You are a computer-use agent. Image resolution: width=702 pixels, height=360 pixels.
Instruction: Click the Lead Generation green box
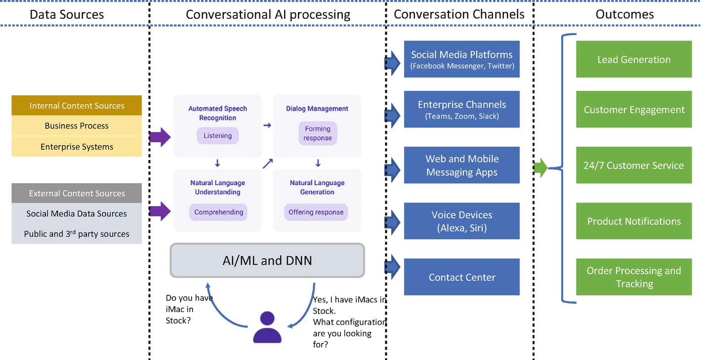click(x=634, y=60)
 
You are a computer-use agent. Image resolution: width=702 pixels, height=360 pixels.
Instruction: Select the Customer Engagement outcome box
click(x=634, y=110)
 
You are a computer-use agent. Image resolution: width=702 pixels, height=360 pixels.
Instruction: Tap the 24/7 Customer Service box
click(x=634, y=165)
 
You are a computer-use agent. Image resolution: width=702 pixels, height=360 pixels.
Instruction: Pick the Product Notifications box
click(x=634, y=221)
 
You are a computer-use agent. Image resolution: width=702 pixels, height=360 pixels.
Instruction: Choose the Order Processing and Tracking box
click(x=634, y=277)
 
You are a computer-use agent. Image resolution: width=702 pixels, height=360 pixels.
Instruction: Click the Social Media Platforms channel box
click(x=462, y=59)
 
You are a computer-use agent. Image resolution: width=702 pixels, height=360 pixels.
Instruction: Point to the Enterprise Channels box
click(x=462, y=109)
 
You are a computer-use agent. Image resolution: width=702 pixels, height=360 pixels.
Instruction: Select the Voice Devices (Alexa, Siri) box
click(x=462, y=221)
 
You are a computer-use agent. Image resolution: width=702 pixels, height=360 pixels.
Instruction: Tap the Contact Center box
click(x=462, y=277)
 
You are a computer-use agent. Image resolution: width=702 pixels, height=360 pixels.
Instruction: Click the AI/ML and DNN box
click(x=267, y=260)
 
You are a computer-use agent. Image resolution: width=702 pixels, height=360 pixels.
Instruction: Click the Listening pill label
click(x=217, y=136)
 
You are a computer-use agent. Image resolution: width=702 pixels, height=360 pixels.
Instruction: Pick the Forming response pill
click(x=318, y=133)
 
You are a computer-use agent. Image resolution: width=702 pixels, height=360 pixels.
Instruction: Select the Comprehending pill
click(x=218, y=212)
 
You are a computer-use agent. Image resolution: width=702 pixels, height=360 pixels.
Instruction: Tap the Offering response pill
click(x=316, y=212)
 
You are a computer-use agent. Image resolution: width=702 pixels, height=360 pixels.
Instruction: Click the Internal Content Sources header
click(x=77, y=106)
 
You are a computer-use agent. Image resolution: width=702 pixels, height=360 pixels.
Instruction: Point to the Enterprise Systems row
click(x=77, y=147)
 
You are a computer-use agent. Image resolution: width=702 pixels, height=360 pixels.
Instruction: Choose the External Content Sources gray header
click(x=77, y=193)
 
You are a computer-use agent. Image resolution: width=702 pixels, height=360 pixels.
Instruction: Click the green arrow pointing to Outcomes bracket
click(x=540, y=168)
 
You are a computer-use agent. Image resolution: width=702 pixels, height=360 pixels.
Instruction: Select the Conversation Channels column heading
click(x=459, y=14)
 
